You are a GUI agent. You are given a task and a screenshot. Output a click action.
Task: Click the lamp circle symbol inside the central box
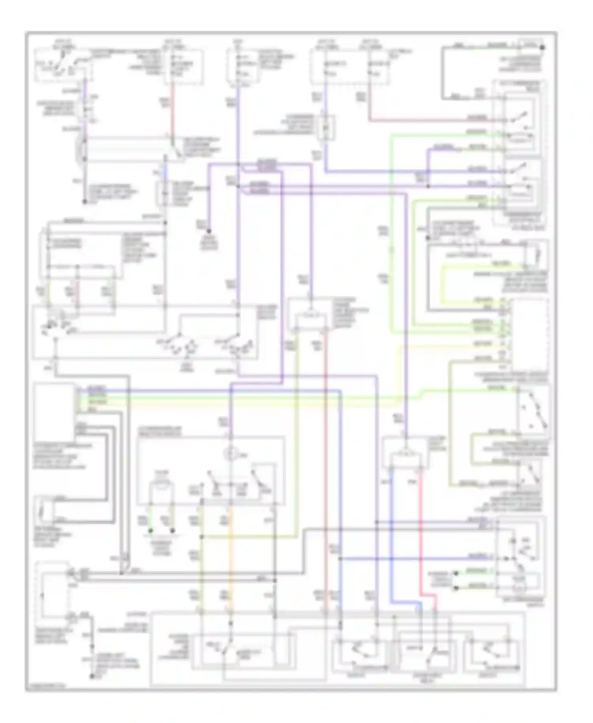point(230,454)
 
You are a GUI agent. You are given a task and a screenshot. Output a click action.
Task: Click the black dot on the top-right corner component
point(542,47)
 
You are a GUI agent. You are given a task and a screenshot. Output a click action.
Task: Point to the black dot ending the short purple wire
point(209,231)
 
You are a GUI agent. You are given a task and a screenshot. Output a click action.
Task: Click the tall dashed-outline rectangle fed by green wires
point(530,334)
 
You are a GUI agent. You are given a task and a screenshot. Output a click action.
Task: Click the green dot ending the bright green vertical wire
point(150,530)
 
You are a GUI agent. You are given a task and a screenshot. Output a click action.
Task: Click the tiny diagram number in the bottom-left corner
point(45,688)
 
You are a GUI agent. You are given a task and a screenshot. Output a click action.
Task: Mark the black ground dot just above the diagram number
point(92,677)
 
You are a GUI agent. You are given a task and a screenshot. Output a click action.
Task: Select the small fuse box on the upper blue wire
point(326,128)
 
